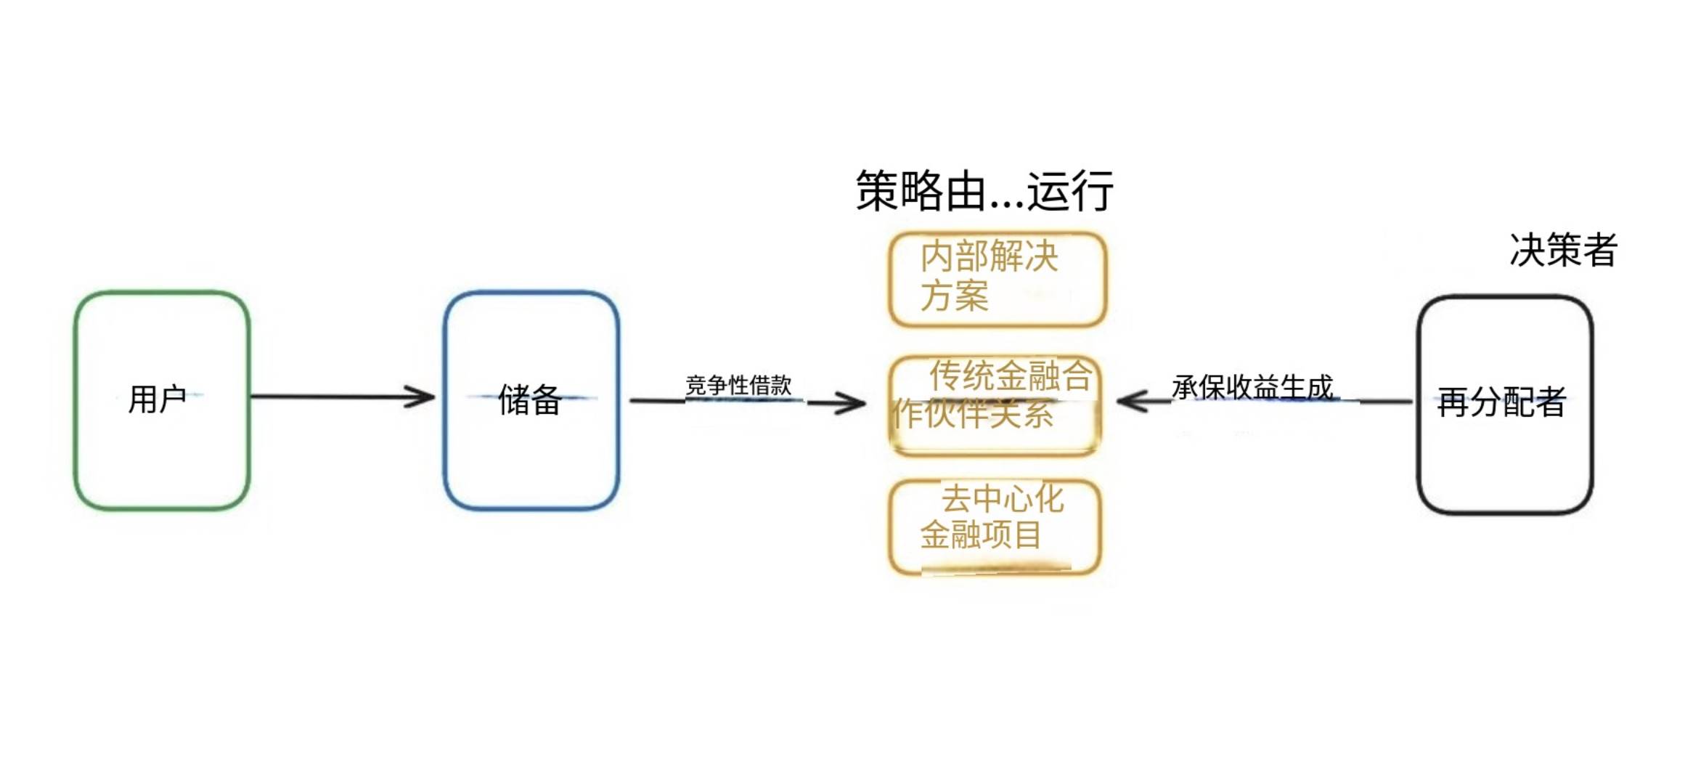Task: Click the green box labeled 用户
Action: (x=162, y=450)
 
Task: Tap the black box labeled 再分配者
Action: (x=1504, y=458)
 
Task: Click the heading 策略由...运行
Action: (x=984, y=191)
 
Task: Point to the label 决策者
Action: (x=1563, y=250)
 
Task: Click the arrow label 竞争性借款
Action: (x=738, y=385)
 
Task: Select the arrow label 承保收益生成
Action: (x=1253, y=387)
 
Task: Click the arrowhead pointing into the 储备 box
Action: (x=421, y=397)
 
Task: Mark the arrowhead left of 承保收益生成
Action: (x=1133, y=401)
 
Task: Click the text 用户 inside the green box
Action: (x=157, y=399)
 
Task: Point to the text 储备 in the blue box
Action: (x=530, y=399)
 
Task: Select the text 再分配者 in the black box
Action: (x=1501, y=402)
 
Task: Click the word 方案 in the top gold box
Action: (x=954, y=296)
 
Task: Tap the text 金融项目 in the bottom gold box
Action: (x=981, y=535)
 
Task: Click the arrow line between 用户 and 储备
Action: (x=334, y=397)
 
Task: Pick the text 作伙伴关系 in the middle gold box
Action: (x=973, y=414)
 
